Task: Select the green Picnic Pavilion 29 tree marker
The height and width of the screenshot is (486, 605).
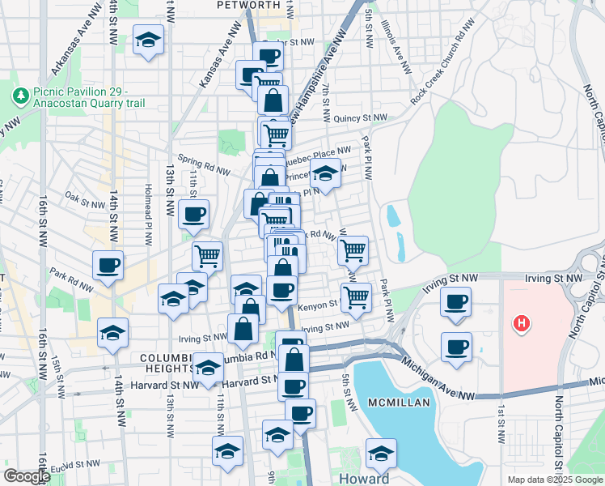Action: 21,95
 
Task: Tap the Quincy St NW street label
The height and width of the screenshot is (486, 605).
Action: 361,118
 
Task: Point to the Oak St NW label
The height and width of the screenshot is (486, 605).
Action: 82,197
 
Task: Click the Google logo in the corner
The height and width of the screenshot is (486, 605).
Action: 26,476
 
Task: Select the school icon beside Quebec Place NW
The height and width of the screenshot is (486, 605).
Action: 325,173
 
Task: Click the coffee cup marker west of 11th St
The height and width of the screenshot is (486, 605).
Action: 193,214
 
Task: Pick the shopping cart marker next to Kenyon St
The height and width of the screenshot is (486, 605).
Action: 356,297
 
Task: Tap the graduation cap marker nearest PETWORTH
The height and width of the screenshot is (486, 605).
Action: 148,40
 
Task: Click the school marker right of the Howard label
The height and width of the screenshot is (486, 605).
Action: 380,453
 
